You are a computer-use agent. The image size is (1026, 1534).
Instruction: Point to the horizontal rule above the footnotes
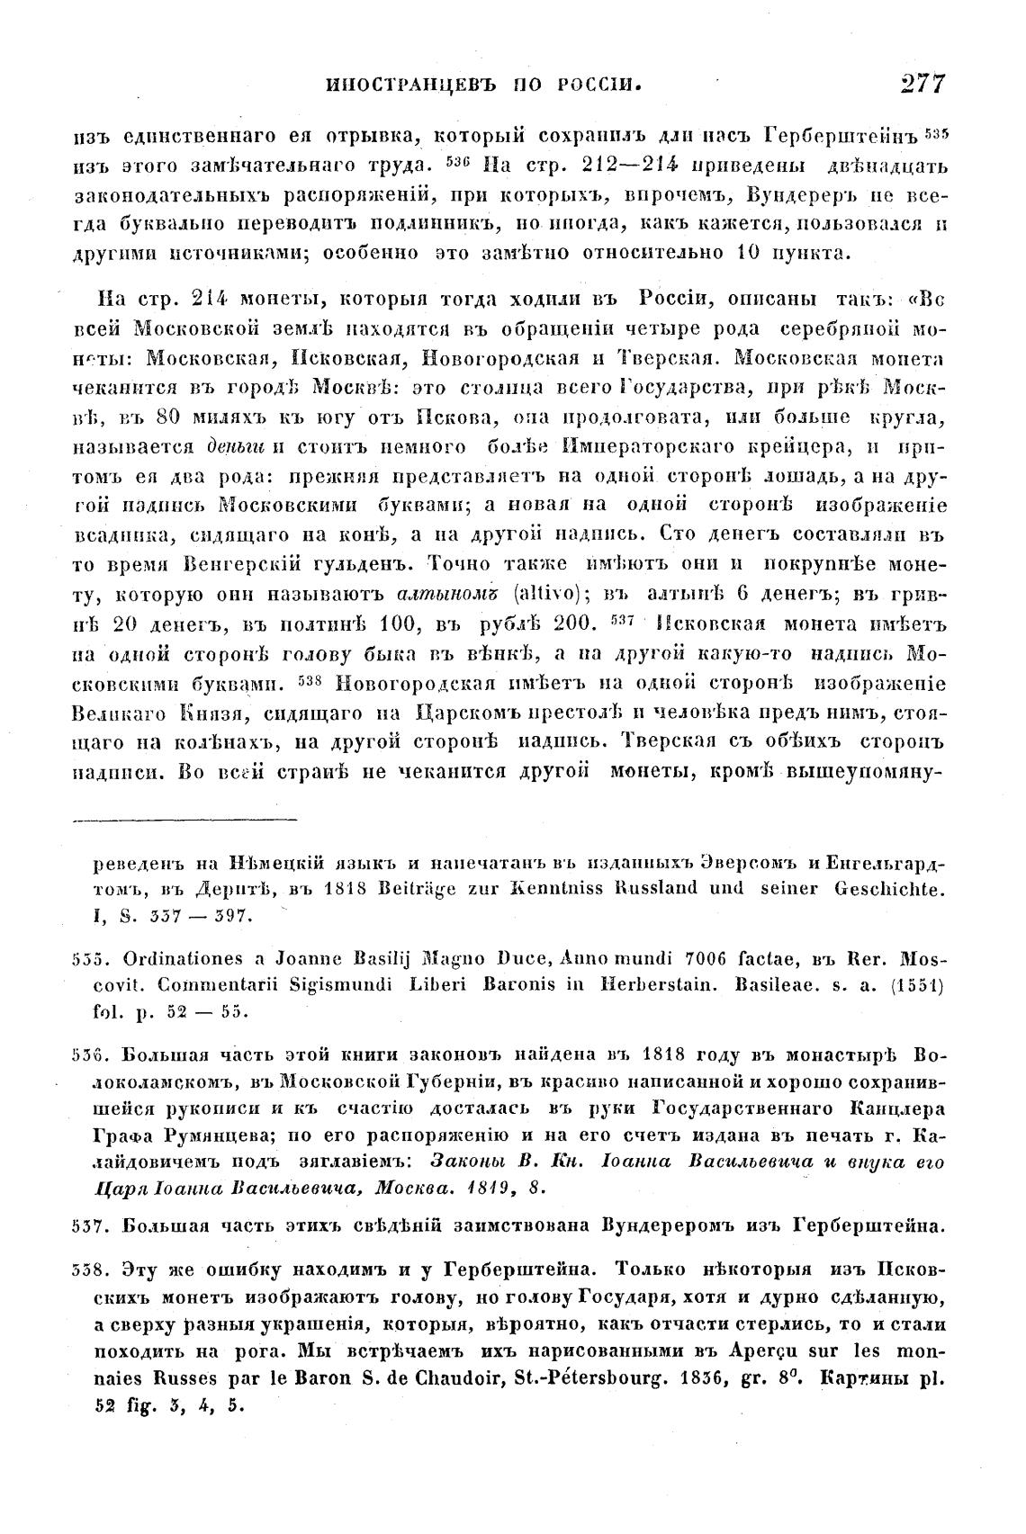click(x=185, y=820)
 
